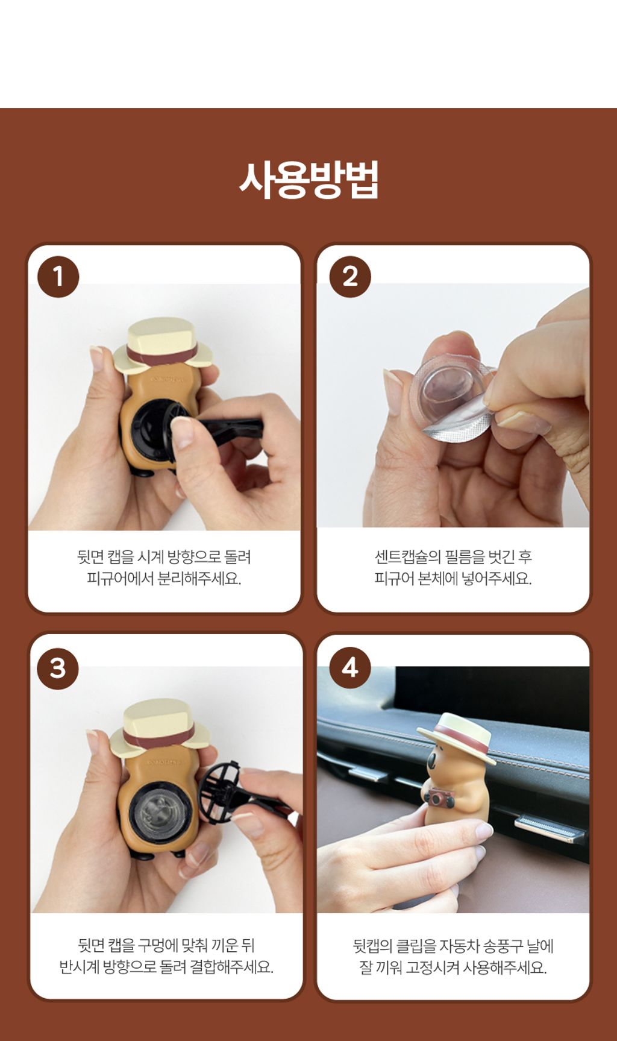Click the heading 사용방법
click(x=308, y=179)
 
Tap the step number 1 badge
click(x=58, y=277)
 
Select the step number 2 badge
click(x=350, y=277)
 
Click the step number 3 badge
click(x=58, y=668)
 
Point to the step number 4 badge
click(x=350, y=668)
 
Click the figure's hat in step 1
click(x=162, y=344)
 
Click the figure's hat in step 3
click(x=159, y=727)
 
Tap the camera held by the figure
click(x=439, y=799)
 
